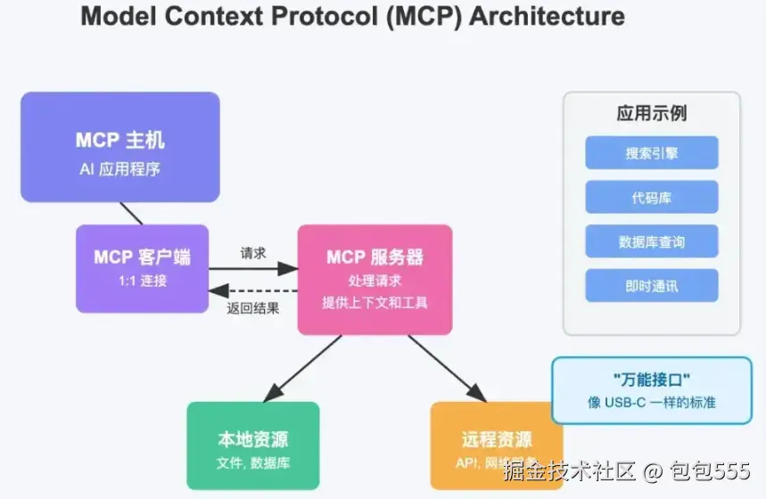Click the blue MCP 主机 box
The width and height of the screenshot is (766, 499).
click(x=119, y=147)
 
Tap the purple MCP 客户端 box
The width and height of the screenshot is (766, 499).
click(x=142, y=267)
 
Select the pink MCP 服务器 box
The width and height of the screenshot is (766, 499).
click(x=375, y=279)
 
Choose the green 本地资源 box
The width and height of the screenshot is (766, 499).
click(x=252, y=446)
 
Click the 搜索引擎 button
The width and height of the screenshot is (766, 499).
click(x=652, y=152)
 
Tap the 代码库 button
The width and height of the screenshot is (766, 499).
click(x=652, y=197)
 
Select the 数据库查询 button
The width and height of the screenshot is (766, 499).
click(x=652, y=241)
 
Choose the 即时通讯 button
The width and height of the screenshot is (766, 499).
click(x=652, y=286)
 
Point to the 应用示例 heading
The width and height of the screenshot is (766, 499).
click(x=652, y=113)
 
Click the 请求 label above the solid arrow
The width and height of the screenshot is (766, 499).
click(x=253, y=253)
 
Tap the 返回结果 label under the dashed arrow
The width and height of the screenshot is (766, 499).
click(x=253, y=308)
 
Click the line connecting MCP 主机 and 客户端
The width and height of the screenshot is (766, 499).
click(x=131, y=213)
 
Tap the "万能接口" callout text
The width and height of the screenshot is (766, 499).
click(x=651, y=380)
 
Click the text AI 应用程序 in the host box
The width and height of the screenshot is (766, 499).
click(x=119, y=168)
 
